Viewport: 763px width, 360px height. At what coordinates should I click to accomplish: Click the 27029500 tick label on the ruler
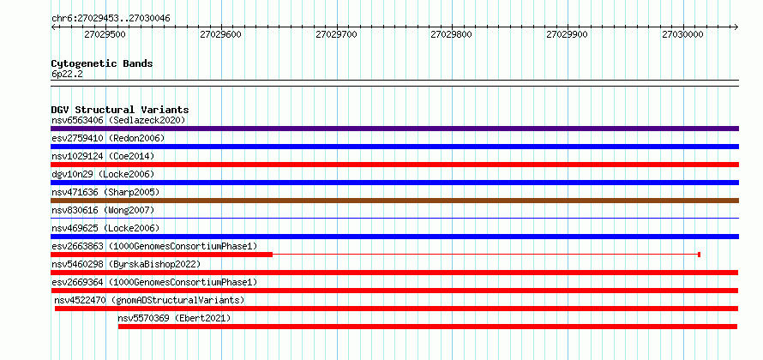[105, 35]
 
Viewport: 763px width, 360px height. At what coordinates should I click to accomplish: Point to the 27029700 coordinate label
[336, 35]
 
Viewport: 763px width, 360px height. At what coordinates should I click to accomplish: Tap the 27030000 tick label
[682, 35]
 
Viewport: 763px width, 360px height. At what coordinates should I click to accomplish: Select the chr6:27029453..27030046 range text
[111, 19]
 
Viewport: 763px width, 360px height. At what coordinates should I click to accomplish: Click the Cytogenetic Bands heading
[102, 63]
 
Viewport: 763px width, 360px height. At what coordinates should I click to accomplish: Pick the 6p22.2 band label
[66, 74]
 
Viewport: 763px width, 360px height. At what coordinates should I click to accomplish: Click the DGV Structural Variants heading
[120, 110]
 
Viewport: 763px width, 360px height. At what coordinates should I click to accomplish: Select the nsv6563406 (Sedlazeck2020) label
[118, 120]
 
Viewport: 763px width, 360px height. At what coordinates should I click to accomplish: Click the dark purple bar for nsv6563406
[394, 129]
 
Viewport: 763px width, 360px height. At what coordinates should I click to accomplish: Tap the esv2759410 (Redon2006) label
[108, 138]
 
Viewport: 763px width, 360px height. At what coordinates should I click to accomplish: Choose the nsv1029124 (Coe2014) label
[103, 156]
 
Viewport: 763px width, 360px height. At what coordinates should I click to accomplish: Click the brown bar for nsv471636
[394, 201]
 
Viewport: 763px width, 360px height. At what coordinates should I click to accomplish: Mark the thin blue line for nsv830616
[394, 219]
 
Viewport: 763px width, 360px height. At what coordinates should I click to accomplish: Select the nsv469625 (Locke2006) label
[105, 228]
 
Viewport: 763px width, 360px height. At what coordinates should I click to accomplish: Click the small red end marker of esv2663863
[699, 255]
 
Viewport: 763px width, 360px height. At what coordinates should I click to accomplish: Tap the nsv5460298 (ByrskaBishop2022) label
[126, 264]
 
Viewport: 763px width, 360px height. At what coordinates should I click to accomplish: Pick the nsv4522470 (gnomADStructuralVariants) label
[149, 300]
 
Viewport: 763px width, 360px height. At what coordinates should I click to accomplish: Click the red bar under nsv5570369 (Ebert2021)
[428, 327]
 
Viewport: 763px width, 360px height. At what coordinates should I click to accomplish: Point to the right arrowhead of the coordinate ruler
[736, 27]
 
